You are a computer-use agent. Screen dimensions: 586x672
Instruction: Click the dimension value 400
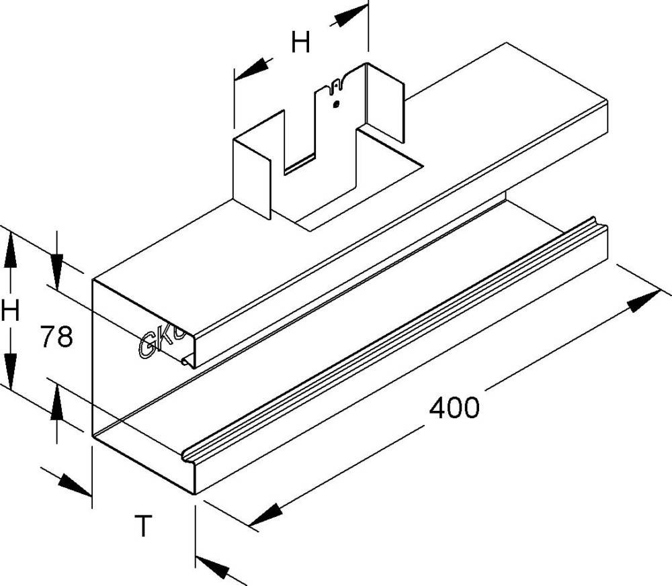click(455, 407)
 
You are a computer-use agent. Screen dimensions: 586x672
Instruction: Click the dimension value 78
click(56, 336)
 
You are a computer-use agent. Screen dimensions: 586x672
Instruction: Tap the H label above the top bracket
click(300, 44)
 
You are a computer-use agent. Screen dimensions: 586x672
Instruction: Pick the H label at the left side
click(10, 311)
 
